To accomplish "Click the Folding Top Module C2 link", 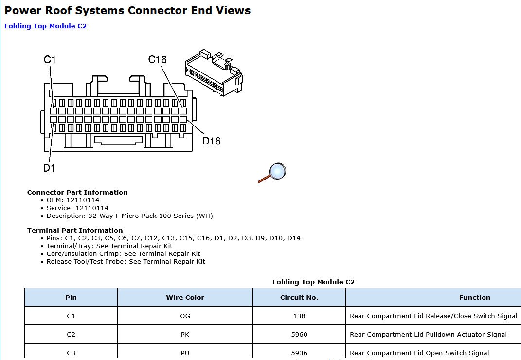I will coord(45,26).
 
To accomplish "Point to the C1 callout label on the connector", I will coord(50,59).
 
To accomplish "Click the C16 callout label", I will coord(157,59).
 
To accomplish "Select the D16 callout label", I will coord(211,141).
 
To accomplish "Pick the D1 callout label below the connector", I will coord(49,168).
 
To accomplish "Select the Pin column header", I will coord(71,297).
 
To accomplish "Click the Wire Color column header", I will coord(185,297).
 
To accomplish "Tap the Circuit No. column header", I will coord(299,297).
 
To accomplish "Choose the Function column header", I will coord(474,297).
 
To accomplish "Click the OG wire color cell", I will coord(185,316).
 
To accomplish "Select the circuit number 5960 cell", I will coord(299,334).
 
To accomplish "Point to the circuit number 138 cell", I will coord(299,316).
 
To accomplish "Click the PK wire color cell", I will coord(185,334).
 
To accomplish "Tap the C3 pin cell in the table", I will coord(71,353).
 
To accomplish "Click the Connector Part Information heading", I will coord(77,192).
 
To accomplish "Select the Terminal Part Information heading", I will coord(75,230).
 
